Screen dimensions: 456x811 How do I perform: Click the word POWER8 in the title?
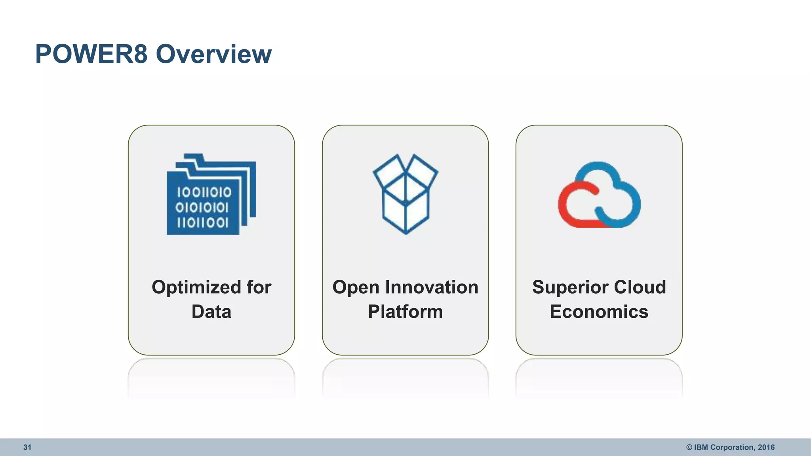pyautogui.click(x=91, y=54)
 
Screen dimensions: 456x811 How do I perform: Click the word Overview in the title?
pyautogui.click(x=214, y=54)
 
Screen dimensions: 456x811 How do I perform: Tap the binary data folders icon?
pyautogui.click(x=211, y=194)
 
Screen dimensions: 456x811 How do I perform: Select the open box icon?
pyautogui.click(x=405, y=194)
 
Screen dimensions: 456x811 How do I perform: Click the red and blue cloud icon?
pyautogui.click(x=599, y=194)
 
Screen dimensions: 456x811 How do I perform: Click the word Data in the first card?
pyautogui.click(x=211, y=312)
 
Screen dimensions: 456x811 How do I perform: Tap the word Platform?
pyautogui.click(x=405, y=312)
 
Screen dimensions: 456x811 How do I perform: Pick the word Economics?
pyautogui.click(x=599, y=312)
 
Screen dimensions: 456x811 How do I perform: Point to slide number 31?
pyautogui.click(x=27, y=447)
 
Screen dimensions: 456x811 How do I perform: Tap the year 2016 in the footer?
pyautogui.click(x=766, y=447)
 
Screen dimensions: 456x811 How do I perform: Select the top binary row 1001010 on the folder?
pyautogui.click(x=204, y=192)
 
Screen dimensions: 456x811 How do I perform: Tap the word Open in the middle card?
pyautogui.click(x=356, y=287)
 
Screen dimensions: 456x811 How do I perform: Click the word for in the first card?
pyautogui.click(x=259, y=287)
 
